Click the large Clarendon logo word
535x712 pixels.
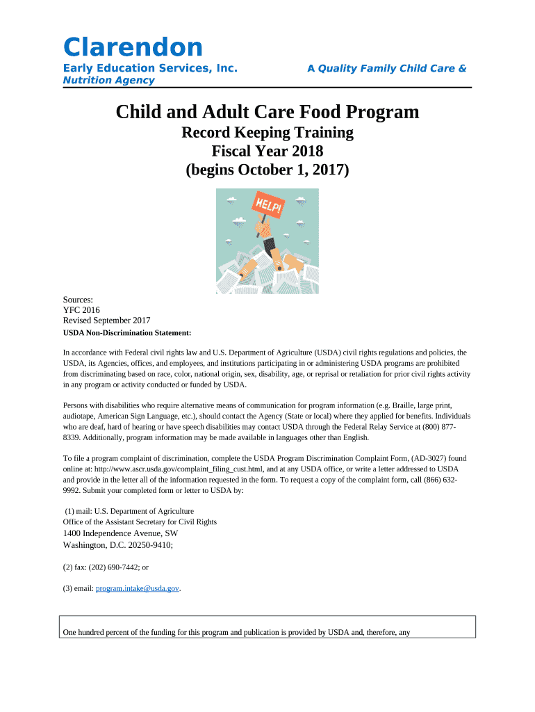coord(133,47)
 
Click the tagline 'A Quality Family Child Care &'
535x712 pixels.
coord(386,68)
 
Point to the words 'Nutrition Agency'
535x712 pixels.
coord(108,81)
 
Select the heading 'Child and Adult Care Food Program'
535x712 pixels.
coord(267,111)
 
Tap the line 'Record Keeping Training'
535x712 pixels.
coord(267,132)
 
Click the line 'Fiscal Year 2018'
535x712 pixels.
coord(267,150)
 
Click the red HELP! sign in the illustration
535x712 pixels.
coord(269,207)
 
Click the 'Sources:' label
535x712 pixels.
coord(79,300)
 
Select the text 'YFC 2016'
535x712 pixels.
coord(81,310)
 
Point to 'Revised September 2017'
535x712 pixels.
coord(106,321)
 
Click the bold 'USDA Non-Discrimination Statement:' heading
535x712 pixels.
coord(127,333)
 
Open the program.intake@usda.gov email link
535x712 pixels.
coord(138,588)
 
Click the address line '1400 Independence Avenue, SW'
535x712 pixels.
coord(120,533)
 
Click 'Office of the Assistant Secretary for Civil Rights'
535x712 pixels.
coord(140,521)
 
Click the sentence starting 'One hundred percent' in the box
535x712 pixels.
coord(237,633)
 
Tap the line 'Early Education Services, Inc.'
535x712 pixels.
coord(150,68)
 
